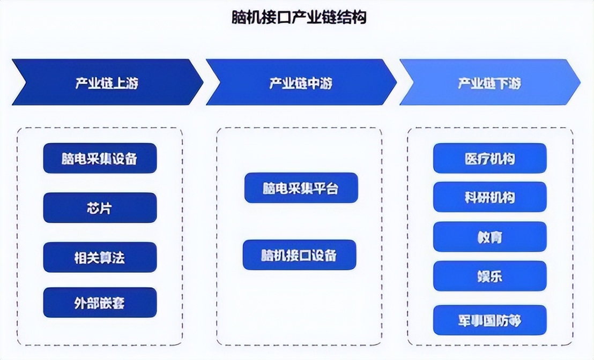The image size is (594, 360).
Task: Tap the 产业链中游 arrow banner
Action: click(300, 82)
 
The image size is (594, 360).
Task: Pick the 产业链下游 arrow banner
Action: click(489, 82)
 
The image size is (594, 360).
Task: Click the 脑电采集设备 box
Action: click(100, 158)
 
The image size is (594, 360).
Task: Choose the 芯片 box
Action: click(100, 208)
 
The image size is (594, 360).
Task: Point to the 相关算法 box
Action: click(100, 257)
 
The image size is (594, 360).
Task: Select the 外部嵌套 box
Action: click(100, 303)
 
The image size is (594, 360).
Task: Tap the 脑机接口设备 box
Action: click(299, 254)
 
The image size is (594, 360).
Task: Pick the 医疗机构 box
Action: click(489, 158)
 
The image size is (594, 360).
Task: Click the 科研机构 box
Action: click(489, 197)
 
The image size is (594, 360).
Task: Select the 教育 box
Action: click(489, 237)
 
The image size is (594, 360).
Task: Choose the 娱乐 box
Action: click(489, 276)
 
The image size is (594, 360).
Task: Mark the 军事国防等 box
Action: click(489, 320)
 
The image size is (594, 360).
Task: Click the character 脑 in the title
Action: click(237, 18)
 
